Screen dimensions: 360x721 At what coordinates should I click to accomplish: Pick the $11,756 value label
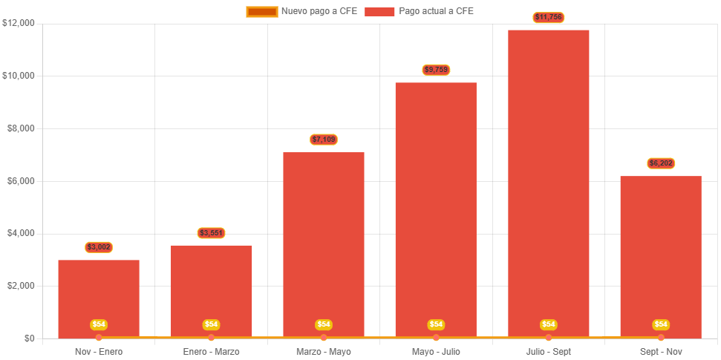(x=548, y=17)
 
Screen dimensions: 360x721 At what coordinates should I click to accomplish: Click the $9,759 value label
(x=436, y=70)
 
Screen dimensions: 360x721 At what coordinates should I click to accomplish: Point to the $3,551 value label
(x=211, y=233)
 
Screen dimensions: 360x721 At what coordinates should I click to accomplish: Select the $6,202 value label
(x=661, y=163)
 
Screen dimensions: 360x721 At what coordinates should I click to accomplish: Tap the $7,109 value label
(x=324, y=140)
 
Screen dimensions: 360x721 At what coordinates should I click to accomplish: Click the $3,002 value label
(x=99, y=247)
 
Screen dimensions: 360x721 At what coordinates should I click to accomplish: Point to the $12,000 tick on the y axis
(x=19, y=23)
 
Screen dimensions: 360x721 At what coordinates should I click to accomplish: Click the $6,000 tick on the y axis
(x=21, y=181)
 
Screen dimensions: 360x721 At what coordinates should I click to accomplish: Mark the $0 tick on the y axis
(x=29, y=338)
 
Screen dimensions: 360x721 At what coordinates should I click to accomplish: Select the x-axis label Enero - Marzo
(x=211, y=351)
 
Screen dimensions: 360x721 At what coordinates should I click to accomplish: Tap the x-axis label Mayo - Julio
(x=436, y=351)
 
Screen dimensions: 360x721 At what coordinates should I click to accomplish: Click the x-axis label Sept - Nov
(x=661, y=351)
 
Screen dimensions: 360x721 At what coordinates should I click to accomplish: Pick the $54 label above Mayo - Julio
(x=436, y=324)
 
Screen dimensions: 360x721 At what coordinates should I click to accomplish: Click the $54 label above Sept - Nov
(x=661, y=324)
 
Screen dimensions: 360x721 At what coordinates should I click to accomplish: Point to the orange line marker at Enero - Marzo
(x=211, y=338)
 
